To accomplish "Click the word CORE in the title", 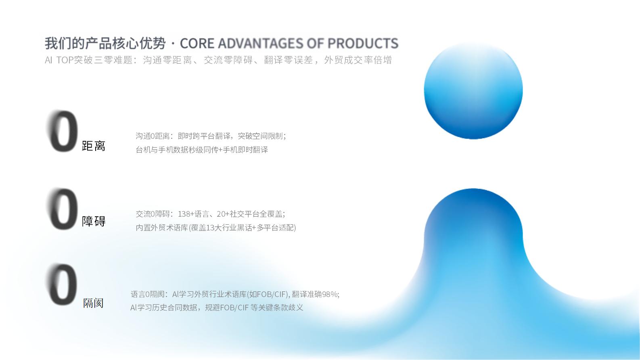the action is tap(197, 44).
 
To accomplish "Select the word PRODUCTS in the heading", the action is tap(363, 44).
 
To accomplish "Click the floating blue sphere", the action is tap(473, 90).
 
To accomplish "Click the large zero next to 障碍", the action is tap(63, 209).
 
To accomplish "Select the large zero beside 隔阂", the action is tap(63, 285).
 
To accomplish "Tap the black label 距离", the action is tap(94, 146).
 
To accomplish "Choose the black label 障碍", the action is tap(94, 221).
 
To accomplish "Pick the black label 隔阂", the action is tap(93, 303).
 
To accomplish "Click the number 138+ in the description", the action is tap(186, 214).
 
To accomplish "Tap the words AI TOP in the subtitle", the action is tap(59, 60).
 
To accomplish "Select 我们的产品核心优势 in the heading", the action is tap(105, 44).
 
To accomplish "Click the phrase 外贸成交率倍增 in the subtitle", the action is tap(358, 60).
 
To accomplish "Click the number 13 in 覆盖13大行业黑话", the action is tap(210, 228).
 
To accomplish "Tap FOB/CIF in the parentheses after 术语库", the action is tap(272, 294).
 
